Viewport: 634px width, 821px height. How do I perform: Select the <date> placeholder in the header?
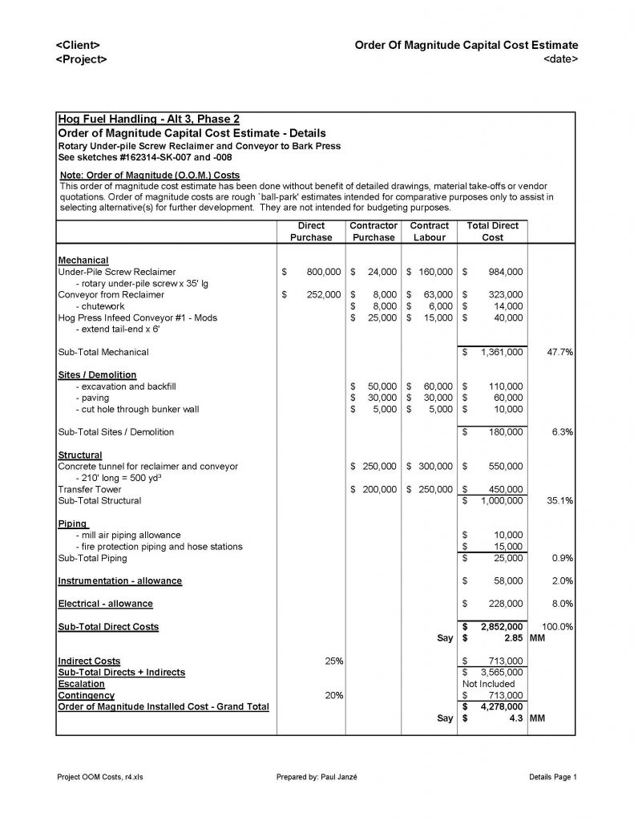click(560, 60)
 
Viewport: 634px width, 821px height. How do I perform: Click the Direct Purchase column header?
click(311, 232)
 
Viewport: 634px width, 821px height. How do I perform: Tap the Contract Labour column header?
click(430, 232)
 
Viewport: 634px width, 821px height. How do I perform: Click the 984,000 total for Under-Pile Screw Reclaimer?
click(505, 273)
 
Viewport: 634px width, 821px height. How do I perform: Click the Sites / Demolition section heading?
click(97, 374)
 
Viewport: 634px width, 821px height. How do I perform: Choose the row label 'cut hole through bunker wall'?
click(137, 409)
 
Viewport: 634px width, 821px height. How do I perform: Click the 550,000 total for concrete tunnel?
click(505, 467)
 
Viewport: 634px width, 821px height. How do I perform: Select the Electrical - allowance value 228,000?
click(505, 604)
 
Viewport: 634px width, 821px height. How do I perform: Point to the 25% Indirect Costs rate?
click(333, 661)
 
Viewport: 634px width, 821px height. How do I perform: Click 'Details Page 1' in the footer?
click(553, 777)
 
